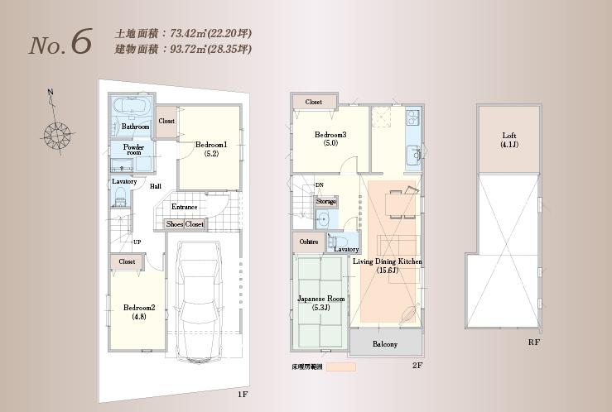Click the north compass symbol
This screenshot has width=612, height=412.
click(x=57, y=132)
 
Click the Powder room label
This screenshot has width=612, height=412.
click(x=133, y=150)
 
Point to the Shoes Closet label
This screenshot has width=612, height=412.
click(x=185, y=224)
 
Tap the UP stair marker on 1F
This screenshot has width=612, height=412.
click(x=137, y=242)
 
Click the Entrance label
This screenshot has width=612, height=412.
click(x=184, y=207)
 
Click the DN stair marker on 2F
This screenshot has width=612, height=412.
click(x=320, y=185)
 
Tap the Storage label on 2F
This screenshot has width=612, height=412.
click(x=326, y=200)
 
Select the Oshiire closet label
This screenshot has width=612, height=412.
click(x=307, y=242)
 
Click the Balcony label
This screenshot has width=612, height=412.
click(x=384, y=344)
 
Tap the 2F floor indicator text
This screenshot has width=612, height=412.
click(x=417, y=365)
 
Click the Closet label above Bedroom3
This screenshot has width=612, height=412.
click(x=313, y=102)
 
